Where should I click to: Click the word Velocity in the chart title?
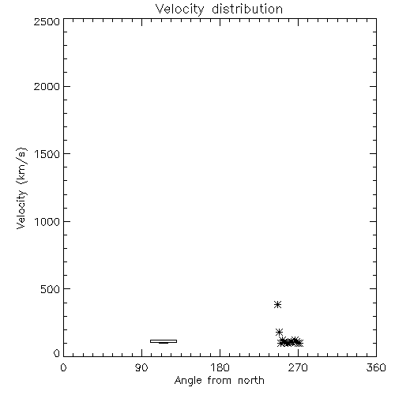(179, 9)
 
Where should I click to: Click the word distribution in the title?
(247, 9)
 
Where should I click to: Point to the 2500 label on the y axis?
(47, 21)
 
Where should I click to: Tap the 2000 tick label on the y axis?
(47, 86)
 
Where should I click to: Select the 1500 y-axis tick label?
(47, 154)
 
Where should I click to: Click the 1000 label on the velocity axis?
(47, 222)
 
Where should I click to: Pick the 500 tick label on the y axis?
(51, 289)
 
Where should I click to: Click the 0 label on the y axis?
(57, 353)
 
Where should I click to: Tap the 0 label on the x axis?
(63, 367)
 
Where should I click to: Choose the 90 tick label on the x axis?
(141, 367)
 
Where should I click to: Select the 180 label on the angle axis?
(220, 367)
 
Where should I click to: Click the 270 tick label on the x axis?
(298, 367)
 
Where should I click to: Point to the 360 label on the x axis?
(376, 367)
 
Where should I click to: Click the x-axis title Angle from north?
(220, 381)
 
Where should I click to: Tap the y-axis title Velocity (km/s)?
(21, 188)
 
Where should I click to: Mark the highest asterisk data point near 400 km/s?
(277, 305)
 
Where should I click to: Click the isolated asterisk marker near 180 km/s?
(279, 332)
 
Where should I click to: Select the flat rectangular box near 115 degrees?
(164, 341)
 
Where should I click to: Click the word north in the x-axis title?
(251, 380)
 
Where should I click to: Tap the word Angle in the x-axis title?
(188, 382)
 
